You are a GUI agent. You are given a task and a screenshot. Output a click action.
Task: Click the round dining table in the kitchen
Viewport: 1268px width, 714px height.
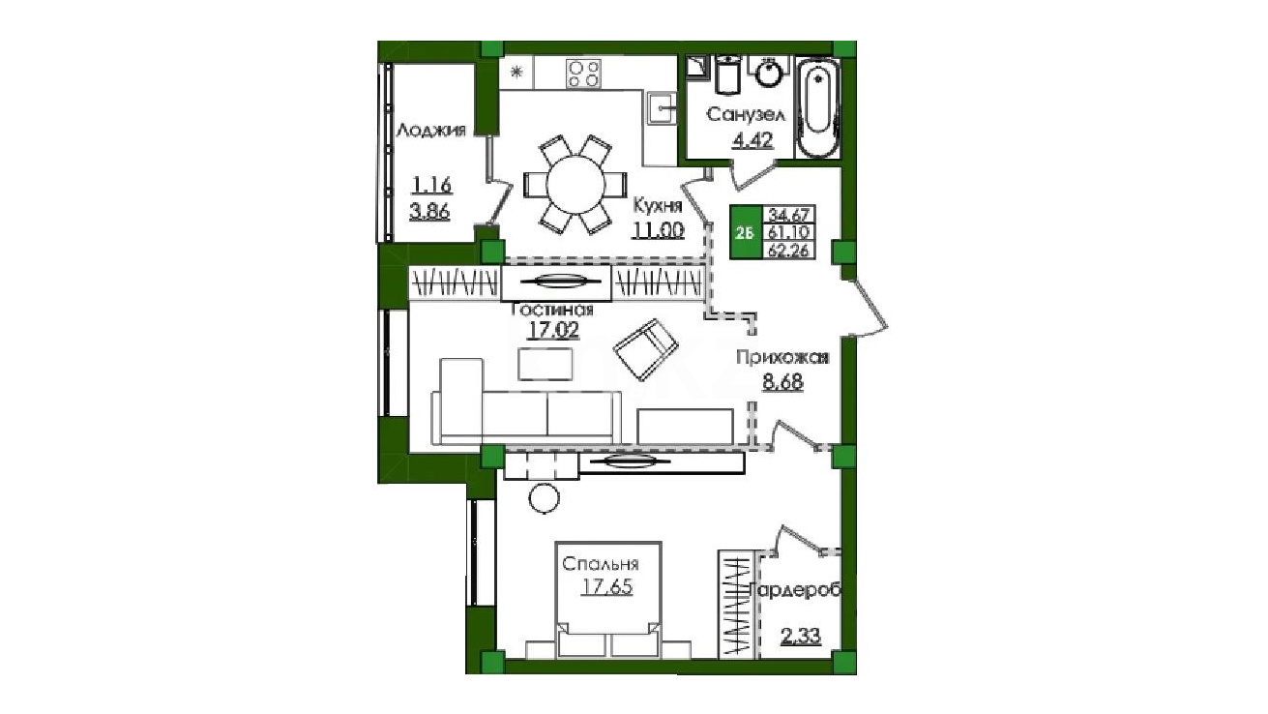pos(575,185)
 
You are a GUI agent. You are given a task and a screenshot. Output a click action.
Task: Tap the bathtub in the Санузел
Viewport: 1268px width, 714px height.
pos(818,107)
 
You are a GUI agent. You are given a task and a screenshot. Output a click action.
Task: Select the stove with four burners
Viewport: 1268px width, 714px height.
pos(583,74)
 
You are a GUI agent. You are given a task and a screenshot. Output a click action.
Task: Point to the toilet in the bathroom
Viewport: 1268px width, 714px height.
pos(727,75)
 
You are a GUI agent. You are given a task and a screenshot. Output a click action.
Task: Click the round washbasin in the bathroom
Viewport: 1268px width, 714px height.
pos(769,73)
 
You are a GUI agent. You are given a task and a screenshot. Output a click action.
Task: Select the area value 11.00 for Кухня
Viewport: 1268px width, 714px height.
pos(658,230)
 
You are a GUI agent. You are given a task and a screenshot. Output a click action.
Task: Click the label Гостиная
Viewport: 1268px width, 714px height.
pos(552,310)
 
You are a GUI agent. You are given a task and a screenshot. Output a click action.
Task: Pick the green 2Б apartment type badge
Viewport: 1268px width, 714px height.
pos(745,232)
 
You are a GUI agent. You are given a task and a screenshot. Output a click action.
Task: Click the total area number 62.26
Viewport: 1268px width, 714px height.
pos(788,250)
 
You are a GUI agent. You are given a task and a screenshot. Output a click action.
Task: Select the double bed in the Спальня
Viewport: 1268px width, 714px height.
pos(608,600)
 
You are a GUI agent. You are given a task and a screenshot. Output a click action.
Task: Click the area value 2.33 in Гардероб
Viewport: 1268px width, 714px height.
pos(801,637)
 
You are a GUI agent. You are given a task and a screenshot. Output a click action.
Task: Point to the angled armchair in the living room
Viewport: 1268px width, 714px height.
pos(646,349)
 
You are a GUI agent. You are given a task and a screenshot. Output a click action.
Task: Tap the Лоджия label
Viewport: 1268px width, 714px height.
pos(430,131)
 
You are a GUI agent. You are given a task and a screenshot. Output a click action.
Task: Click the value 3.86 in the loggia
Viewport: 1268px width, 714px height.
pos(429,212)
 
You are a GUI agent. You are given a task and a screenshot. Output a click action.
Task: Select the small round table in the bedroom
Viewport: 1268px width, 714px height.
pos(544,498)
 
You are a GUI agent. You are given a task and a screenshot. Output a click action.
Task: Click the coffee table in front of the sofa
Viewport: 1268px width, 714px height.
pos(546,364)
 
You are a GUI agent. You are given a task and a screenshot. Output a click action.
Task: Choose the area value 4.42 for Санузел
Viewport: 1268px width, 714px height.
pos(752,139)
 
